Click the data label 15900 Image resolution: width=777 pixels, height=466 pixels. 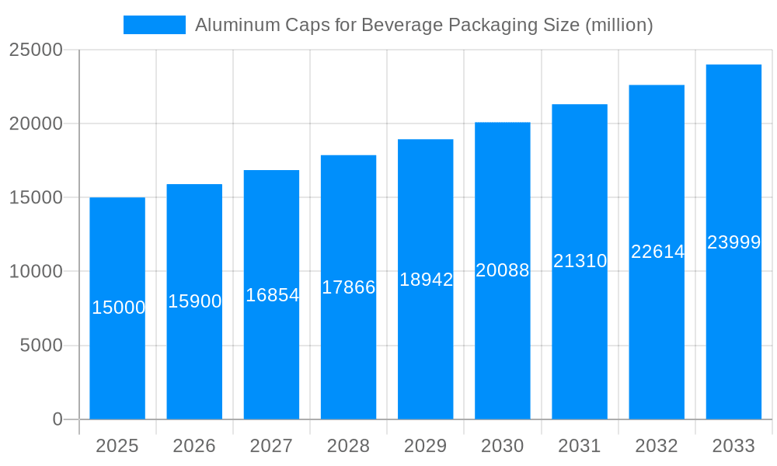click(194, 301)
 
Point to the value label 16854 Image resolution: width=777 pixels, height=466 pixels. click(272, 295)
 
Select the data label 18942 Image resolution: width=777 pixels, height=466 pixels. click(426, 280)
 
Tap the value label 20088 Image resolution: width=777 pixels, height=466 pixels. click(503, 270)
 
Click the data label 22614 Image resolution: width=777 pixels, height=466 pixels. click(657, 252)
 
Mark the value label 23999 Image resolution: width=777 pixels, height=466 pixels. click(733, 242)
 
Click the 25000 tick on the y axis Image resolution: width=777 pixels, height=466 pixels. click(36, 50)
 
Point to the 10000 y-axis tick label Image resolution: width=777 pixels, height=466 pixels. click(36, 272)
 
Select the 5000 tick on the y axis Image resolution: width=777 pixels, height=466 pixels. click(41, 346)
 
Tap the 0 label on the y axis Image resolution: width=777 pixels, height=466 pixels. click(57, 419)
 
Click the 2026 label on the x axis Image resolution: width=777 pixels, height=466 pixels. click(194, 446)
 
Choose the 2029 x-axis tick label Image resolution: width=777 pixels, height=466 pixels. click(426, 446)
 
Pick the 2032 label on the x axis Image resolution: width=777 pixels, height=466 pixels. click(657, 446)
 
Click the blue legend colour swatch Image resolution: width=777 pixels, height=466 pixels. click(155, 25)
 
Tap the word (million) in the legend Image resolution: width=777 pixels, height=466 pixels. click(618, 25)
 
